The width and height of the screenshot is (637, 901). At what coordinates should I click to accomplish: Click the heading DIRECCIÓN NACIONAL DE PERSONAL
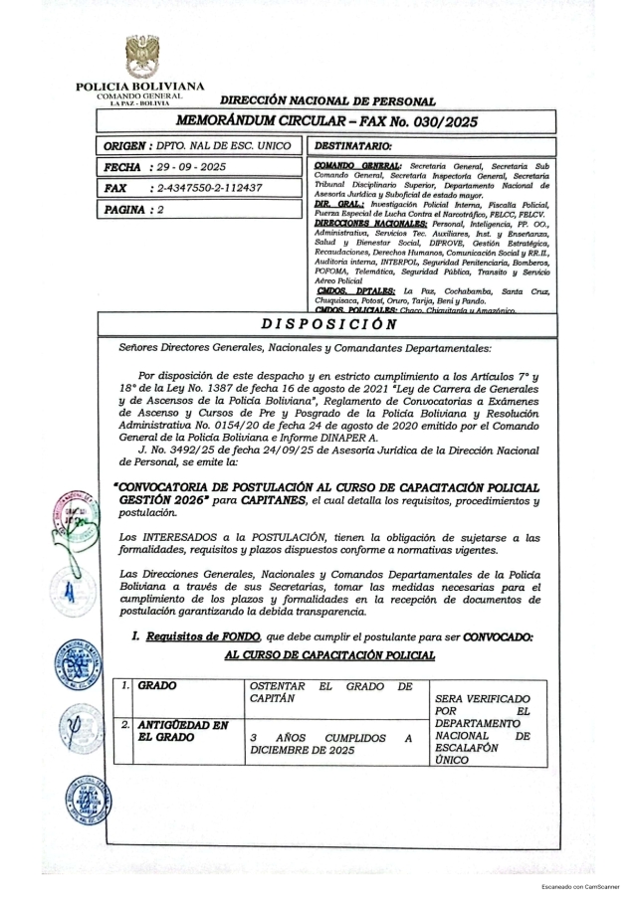pos(326,100)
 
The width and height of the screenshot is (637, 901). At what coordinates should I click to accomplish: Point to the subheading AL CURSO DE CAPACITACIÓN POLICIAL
pos(329,654)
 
